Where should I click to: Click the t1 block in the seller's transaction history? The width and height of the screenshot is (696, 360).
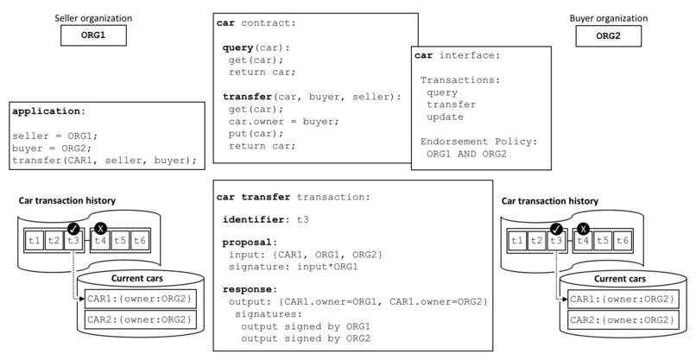pyautogui.click(x=34, y=241)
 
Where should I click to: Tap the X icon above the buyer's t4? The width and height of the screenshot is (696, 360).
pyautogui.click(x=584, y=229)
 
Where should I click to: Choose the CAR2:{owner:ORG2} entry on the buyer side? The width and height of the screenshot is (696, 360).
pyautogui.click(x=621, y=319)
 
